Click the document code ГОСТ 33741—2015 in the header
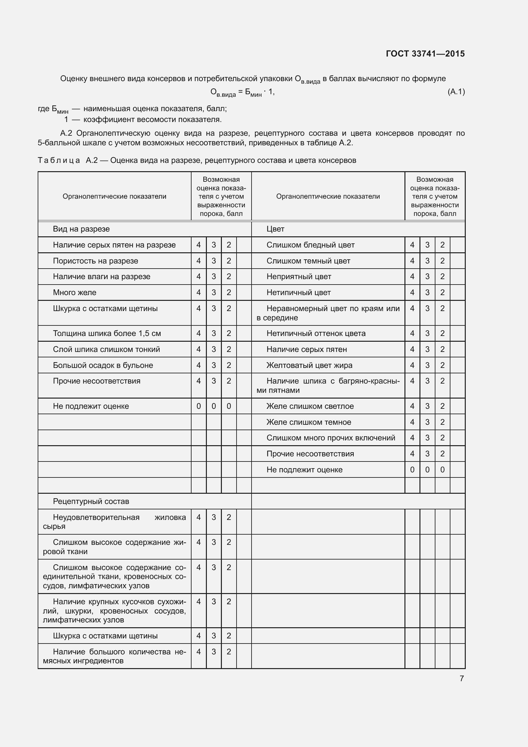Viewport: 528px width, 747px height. (x=425, y=54)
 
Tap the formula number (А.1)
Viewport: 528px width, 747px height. (x=456, y=92)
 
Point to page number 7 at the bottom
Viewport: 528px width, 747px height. (x=462, y=678)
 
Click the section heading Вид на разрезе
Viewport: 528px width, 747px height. (x=81, y=229)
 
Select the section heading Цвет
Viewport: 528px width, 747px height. (x=275, y=229)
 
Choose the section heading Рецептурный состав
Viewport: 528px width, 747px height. (x=91, y=501)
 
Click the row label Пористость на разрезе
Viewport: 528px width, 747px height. (x=95, y=261)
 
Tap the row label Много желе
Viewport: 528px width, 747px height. (x=75, y=293)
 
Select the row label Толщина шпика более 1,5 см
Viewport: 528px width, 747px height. (x=107, y=333)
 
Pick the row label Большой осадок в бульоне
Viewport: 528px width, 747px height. (x=103, y=365)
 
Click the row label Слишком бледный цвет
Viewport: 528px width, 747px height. (x=311, y=245)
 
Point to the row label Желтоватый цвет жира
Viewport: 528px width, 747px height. (x=310, y=365)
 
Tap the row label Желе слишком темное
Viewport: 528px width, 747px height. (x=309, y=422)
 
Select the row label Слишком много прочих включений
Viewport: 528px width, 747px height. (x=331, y=438)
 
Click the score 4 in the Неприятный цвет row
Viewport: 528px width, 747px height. (x=412, y=277)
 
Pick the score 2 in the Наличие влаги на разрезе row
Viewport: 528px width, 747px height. (x=229, y=277)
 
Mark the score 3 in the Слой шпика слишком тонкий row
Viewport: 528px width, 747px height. (x=214, y=349)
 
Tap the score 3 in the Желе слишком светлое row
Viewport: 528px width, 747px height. (x=427, y=406)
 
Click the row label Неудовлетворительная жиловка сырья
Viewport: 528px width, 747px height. (x=115, y=522)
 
